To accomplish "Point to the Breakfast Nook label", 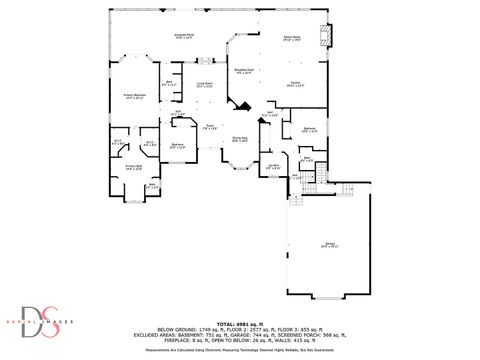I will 243,71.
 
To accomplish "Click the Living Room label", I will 205,85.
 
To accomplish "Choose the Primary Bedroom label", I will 134,96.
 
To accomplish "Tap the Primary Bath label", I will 133,167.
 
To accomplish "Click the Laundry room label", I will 272,167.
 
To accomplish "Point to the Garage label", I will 329,244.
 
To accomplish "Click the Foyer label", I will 210,127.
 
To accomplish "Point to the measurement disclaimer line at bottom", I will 240,351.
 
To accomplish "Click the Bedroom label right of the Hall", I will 310,129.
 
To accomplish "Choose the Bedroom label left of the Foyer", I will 177,146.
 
